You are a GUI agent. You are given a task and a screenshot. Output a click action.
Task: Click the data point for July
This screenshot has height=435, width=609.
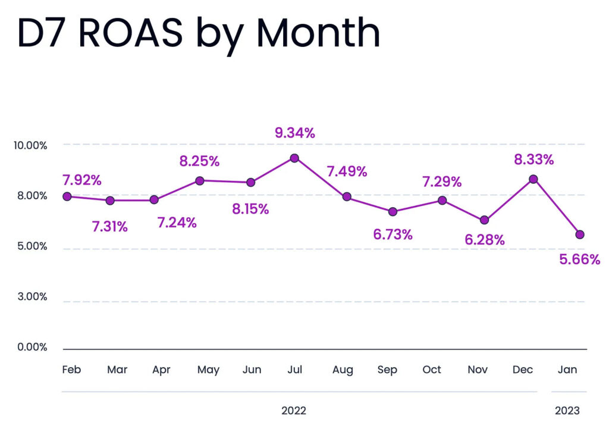click(x=294, y=158)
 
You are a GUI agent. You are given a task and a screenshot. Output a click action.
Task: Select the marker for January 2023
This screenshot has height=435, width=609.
click(x=580, y=234)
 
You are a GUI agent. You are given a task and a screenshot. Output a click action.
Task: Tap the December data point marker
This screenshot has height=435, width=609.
click(x=533, y=179)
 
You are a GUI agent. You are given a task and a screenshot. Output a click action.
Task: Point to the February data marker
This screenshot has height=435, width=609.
click(x=67, y=196)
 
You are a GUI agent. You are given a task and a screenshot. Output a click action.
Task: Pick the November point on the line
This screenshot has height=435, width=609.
click(x=484, y=220)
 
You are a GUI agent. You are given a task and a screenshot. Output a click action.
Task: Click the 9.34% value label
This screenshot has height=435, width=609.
click(x=294, y=133)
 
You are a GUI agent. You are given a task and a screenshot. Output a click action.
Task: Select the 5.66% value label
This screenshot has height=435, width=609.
click(x=580, y=259)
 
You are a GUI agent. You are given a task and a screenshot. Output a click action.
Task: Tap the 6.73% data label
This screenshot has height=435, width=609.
click(x=393, y=234)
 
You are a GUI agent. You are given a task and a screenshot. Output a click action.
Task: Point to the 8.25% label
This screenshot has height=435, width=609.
click(x=199, y=161)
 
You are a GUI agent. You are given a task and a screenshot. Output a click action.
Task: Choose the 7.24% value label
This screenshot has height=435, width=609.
click(x=177, y=223)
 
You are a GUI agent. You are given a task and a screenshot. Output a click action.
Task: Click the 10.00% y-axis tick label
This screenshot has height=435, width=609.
click(x=29, y=145)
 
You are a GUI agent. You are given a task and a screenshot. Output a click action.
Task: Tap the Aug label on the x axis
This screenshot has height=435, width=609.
click(x=343, y=370)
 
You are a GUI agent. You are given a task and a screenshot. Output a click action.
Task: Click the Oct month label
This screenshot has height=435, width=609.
click(x=432, y=370)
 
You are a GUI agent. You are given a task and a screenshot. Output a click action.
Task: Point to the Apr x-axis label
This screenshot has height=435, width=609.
click(x=161, y=370)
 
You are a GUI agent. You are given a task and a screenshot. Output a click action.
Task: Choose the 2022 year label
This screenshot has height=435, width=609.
click(x=294, y=411)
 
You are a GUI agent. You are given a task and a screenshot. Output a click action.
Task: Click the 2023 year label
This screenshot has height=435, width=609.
click(x=567, y=411)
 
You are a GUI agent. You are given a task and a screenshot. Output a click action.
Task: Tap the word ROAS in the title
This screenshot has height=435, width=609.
click(x=130, y=33)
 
